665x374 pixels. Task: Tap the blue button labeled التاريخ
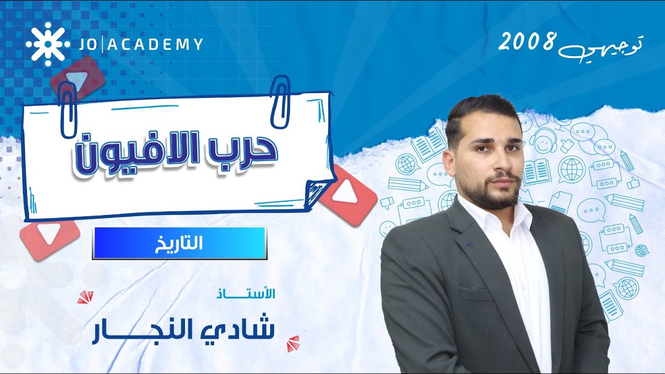179,243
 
